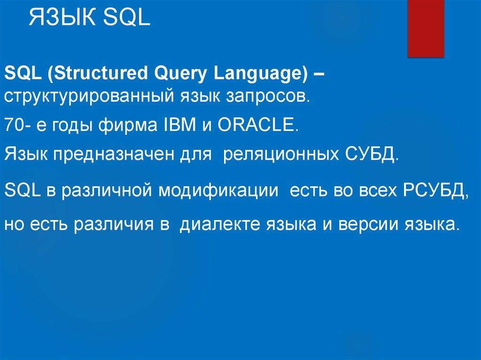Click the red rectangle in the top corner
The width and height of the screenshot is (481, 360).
426,29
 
